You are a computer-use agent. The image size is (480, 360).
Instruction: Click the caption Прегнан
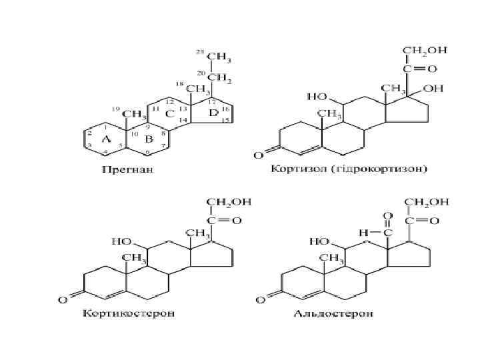[128, 169]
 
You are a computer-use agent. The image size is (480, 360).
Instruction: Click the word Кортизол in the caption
[297, 169]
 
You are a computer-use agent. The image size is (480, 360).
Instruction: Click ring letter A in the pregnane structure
[104, 139]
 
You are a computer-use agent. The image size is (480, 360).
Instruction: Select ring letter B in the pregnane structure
[149, 139]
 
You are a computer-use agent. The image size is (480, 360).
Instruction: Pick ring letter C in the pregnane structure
[170, 114]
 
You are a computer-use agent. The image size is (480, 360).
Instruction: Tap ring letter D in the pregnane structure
[213, 113]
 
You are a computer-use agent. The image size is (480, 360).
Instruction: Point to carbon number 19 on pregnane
[115, 109]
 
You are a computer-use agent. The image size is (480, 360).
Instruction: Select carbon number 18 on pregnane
[179, 84]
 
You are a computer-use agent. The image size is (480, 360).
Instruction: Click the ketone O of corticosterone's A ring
[62, 300]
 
